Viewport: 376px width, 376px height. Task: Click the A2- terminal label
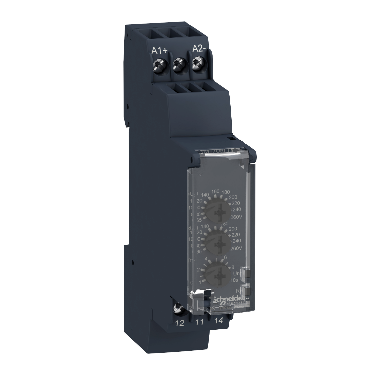coord(199,49)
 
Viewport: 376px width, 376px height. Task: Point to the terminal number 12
coord(180,323)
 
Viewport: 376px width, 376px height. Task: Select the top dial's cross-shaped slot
coord(216,212)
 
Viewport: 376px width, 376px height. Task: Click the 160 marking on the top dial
coord(216,191)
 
